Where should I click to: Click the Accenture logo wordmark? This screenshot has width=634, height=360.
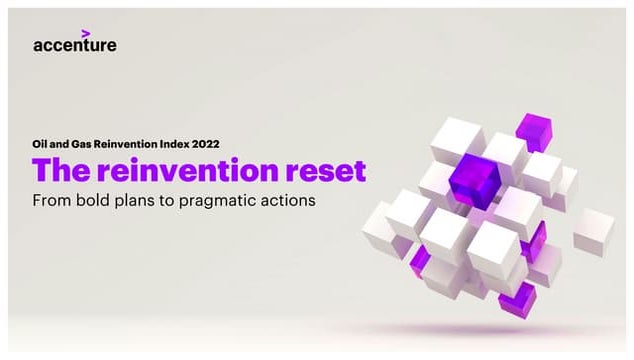coord(74,45)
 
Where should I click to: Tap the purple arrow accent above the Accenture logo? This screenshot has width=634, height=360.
coord(85,33)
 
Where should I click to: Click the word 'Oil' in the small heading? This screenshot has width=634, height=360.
coord(40,144)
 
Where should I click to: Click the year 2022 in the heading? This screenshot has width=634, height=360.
coord(207,144)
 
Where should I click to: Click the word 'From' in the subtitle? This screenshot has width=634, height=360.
coord(53,200)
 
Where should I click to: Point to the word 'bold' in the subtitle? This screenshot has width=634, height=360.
coord(100,200)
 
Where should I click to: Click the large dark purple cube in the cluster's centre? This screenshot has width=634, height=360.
coord(474,179)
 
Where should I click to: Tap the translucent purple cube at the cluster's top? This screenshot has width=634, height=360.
coord(532,127)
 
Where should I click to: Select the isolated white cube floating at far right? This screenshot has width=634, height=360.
coord(593,229)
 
